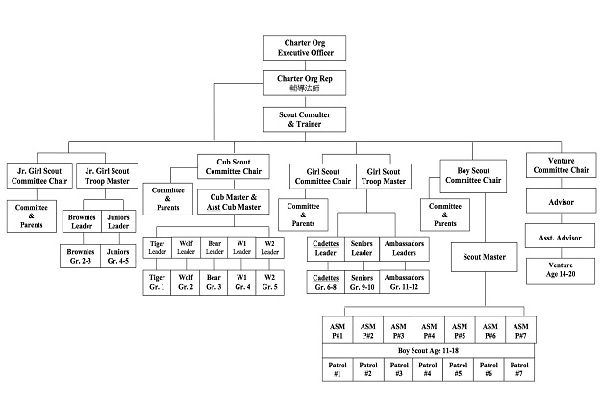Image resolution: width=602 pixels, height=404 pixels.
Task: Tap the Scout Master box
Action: pyautogui.click(x=483, y=258)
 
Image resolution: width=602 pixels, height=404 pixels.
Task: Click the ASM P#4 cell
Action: pyautogui.click(x=429, y=331)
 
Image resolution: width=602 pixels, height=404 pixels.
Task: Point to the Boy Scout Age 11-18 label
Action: pyautogui.click(x=429, y=350)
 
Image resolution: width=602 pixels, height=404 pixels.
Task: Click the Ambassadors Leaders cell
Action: pyautogui.click(x=404, y=248)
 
